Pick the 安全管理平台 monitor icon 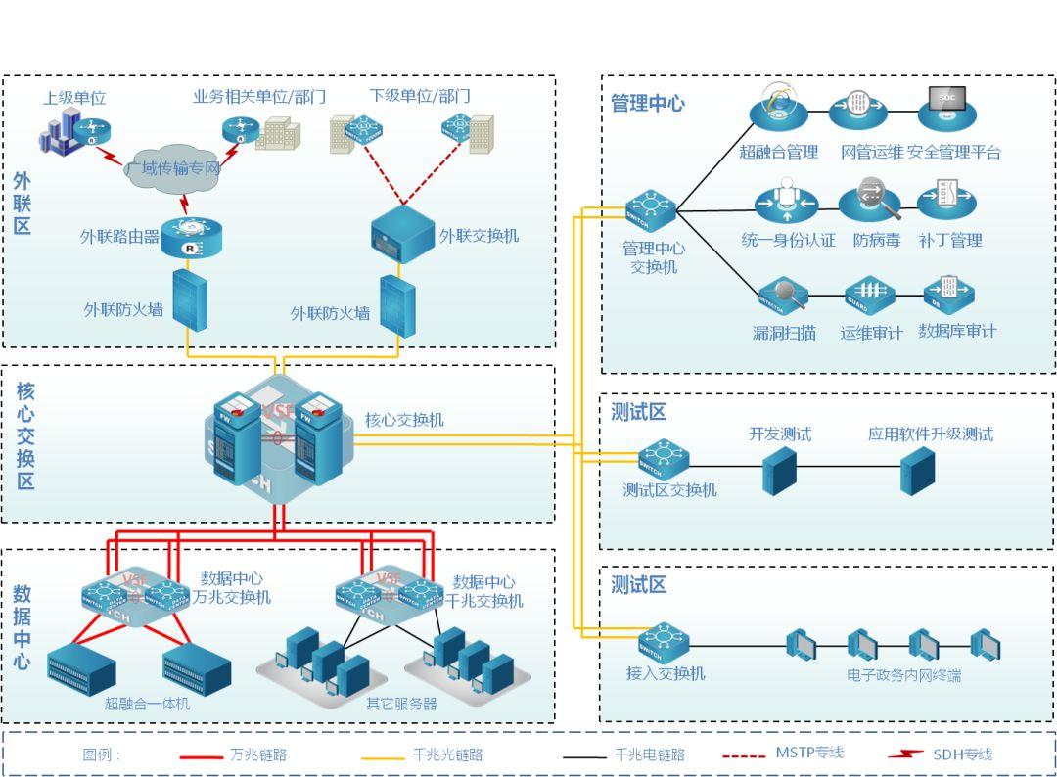tap(947, 107)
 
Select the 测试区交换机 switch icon tap(664, 458)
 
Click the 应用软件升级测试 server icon tap(917, 471)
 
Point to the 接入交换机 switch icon tap(664, 642)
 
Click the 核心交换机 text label tap(404, 420)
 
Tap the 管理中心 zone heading tap(648, 103)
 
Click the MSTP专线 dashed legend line tap(743, 755)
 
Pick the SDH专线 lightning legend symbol tap(904, 754)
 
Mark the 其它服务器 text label tap(401, 704)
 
